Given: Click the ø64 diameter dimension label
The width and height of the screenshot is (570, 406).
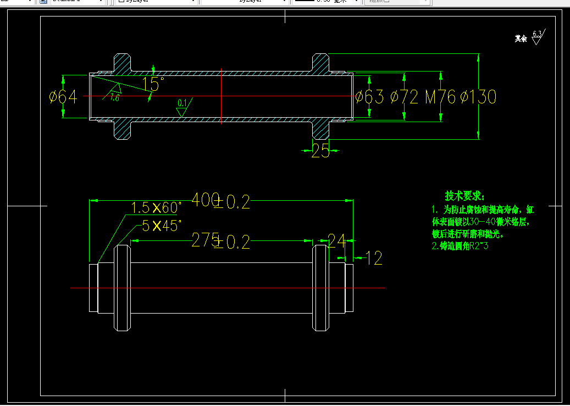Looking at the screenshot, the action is coord(63,97).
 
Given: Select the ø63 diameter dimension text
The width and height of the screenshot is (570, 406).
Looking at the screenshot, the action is coord(369,97).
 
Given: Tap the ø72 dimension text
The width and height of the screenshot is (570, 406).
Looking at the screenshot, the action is coord(405,97).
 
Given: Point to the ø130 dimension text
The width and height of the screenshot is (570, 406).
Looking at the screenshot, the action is coord(478,97).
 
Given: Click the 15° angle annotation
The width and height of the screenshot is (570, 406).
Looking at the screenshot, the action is coord(153,84).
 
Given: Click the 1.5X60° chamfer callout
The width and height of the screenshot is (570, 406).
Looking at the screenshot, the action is coord(156,208).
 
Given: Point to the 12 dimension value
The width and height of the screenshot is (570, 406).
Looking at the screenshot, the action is coord(374,257).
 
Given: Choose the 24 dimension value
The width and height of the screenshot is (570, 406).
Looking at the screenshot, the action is coord(336,240).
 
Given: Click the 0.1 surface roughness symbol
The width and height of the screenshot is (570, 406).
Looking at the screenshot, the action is coord(182,107).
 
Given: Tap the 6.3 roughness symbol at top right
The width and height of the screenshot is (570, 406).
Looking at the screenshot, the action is coord(537,37).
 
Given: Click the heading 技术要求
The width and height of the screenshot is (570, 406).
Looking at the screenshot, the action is coord(464,196).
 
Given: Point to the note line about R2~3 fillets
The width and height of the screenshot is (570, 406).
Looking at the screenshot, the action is coord(460,246).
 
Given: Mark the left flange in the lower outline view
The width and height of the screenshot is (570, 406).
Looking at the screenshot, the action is coord(123,288).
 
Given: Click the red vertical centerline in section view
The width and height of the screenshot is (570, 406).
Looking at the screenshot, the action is coord(221,97).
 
